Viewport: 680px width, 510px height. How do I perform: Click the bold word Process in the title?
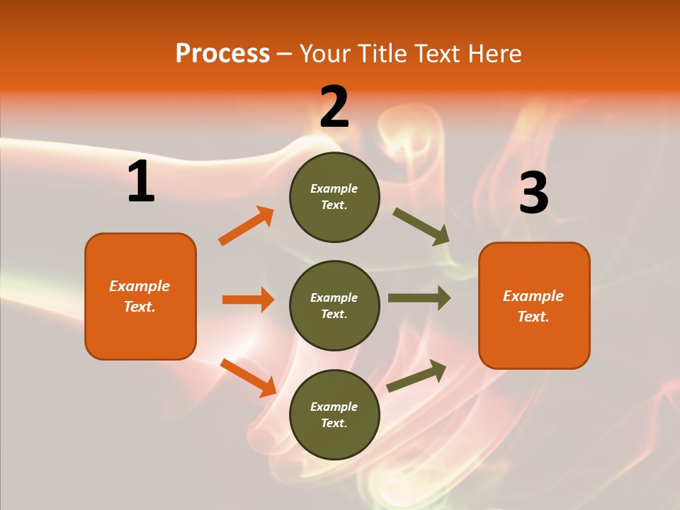(x=222, y=54)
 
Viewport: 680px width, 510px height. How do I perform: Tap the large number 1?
(x=141, y=182)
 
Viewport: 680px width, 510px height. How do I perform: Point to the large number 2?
(x=334, y=107)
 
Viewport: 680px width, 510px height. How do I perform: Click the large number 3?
(x=533, y=193)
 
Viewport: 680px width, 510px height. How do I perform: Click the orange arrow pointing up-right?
(x=246, y=226)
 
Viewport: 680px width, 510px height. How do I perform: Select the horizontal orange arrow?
(x=248, y=300)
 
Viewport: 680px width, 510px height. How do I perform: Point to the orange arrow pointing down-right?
(x=248, y=377)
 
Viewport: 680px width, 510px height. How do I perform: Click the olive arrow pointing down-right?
(x=421, y=227)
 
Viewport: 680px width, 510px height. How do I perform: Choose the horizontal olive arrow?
(x=419, y=297)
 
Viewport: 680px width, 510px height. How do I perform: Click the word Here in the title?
(x=493, y=54)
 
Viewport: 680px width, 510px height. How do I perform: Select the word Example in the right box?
(x=533, y=296)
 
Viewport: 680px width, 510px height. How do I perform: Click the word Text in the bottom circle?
(x=333, y=423)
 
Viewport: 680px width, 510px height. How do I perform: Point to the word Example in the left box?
(x=140, y=286)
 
